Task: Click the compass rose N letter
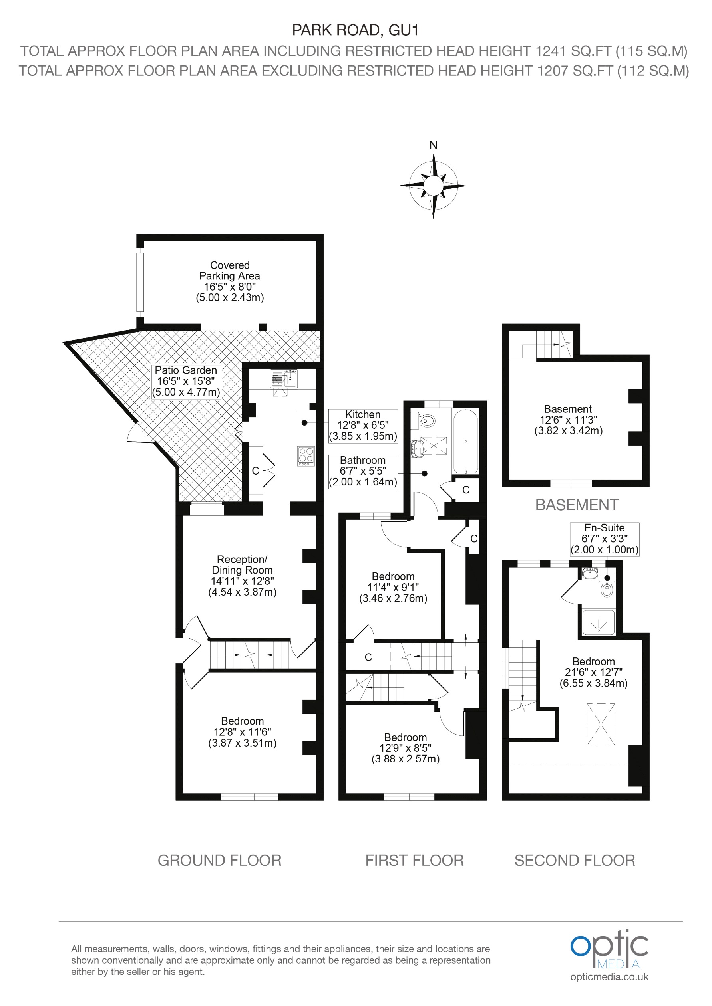point(433,145)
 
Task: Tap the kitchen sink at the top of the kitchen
point(284,379)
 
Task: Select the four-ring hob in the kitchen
point(306,455)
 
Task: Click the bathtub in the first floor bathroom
point(465,441)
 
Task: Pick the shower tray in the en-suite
point(599,622)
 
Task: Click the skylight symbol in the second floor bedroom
point(601,724)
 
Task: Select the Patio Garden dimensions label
point(186,381)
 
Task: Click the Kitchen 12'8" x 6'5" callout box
point(363,425)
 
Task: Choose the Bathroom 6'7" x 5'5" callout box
point(363,471)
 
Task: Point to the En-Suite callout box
point(604,539)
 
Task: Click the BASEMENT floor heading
point(576,505)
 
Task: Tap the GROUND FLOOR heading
point(219,861)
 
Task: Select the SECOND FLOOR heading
point(574,861)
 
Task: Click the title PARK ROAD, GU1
point(356,30)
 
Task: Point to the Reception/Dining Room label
point(242,575)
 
